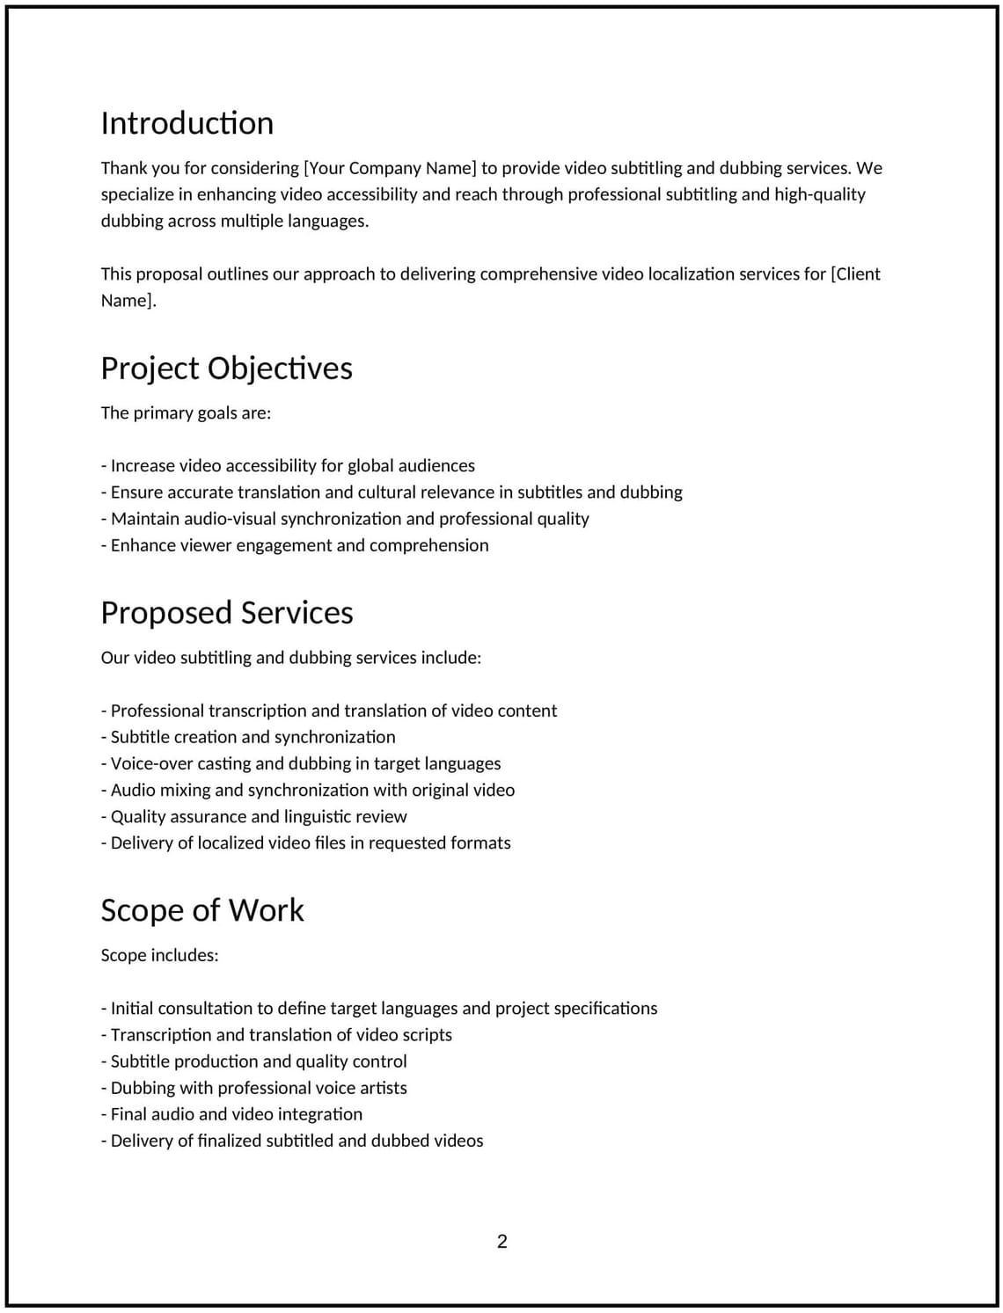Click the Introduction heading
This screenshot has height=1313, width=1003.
[187, 123]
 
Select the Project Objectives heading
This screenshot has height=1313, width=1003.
[226, 368]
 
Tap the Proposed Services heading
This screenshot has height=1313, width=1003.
[227, 612]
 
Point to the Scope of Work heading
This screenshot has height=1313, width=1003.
[202, 910]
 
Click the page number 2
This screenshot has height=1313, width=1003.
[502, 1242]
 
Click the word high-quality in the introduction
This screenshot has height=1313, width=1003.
[819, 194]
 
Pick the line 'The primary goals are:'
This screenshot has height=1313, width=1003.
[186, 412]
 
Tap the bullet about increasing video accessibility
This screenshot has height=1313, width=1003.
[289, 465]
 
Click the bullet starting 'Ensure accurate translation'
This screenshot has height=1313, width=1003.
[392, 492]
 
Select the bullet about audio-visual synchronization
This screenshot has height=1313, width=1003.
[346, 518]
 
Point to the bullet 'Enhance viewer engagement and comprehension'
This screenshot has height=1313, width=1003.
[296, 545]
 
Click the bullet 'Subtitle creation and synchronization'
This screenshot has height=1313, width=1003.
[249, 737]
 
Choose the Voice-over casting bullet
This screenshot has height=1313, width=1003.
[302, 763]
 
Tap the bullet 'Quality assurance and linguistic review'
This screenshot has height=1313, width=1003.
[254, 816]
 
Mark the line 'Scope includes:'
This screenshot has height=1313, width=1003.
[159, 955]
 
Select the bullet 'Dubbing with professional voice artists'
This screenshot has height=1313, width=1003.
[254, 1088]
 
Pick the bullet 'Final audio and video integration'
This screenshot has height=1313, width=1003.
[232, 1114]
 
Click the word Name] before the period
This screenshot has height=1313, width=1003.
[128, 301]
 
